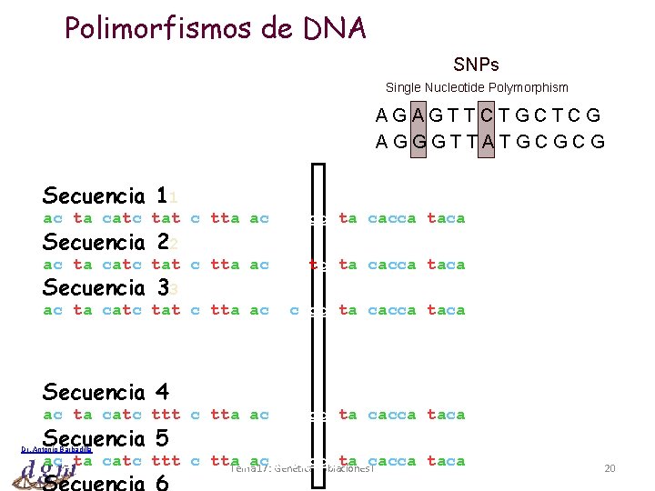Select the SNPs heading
476,65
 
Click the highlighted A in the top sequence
418,116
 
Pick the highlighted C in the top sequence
487,116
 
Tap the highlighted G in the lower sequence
418,142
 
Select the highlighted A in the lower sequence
487,142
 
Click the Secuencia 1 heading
105,195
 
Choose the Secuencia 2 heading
105,242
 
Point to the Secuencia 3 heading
105,287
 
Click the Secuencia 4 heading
105,392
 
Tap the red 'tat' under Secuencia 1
165,218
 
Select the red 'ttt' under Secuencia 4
165,415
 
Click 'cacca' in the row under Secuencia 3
391,310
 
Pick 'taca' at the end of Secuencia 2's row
446,265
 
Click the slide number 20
610,468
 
